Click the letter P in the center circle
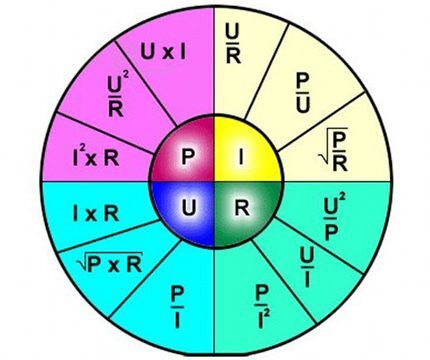(188, 157)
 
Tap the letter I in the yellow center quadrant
(241, 157)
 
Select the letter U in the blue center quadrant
(189, 207)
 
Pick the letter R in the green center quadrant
(242, 207)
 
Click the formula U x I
(163, 52)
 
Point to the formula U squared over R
(118, 96)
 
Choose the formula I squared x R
(96, 158)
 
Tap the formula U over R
(233, 44)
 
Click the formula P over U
(303, 93)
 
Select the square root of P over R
(334, 149)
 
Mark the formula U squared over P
(334, 218)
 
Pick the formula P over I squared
(262, 307)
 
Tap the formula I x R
(96, 214)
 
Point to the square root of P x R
(110, 263)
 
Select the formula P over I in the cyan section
(177, 308)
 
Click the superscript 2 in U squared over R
(125, 75)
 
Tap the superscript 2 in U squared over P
(342, 199)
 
